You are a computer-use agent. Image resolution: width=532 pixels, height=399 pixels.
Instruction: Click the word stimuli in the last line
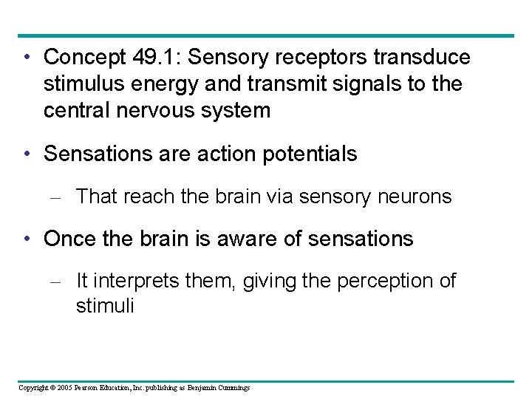(x=105, y=305)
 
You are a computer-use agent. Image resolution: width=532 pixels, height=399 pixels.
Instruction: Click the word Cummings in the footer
(x=233, y=387)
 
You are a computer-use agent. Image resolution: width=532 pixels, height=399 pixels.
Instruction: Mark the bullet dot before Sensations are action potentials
(x=26, y=154)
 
